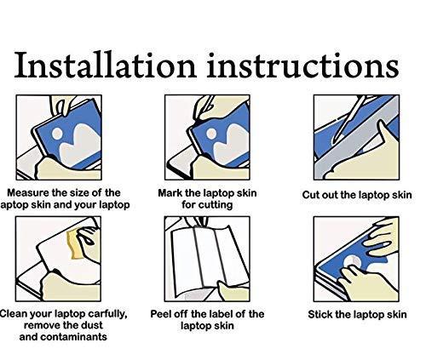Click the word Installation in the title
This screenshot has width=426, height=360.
tap(106, 65)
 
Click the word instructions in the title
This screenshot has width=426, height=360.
tap(303, 65)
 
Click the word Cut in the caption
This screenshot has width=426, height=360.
tap(309, 195)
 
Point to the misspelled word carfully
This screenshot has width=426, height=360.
tap(108, 314)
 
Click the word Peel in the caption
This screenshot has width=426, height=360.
tap(160, 314)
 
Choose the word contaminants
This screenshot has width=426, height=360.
tap(73, 337)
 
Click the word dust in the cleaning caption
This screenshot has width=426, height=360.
tap(92, 325)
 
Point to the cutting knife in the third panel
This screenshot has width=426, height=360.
tap(348, 120)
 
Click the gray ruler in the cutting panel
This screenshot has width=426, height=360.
tap(357, 137)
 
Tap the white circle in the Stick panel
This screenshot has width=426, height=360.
tap(352, 263)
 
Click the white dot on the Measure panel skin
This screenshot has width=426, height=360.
tap(57, 134)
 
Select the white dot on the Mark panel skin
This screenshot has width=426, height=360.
tap(211, 134)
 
